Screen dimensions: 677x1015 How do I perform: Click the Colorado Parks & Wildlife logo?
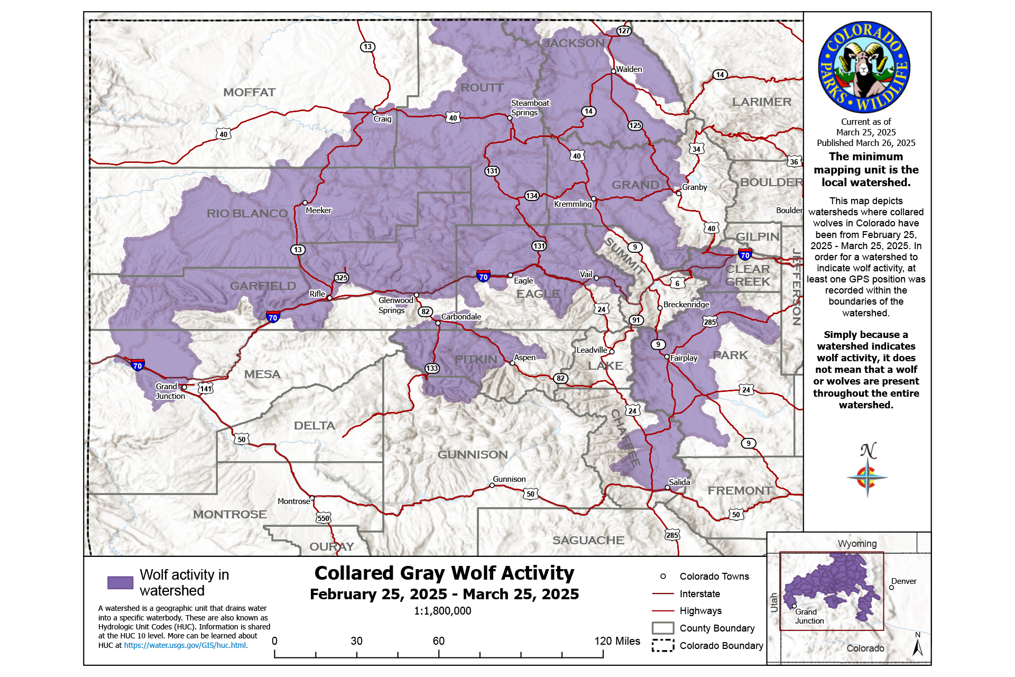pyautogui.click(x=864, y=67)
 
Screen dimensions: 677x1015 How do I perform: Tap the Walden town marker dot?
pyautogui.click(x=613, y=71)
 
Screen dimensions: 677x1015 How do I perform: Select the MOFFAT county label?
pyautogui.click(x=249, y=93)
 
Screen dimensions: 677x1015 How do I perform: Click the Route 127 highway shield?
pyautogui.click(x=624, y=31)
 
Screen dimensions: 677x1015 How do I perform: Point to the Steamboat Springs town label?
pyautogui.click(x=530, y=108)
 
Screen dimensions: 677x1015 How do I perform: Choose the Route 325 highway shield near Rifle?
pyautogui.click(x=341, y=278)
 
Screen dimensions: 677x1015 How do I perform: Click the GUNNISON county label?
pyautogui.click(x=472, y=455)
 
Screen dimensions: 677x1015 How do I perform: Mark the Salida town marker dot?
pyautogui.click(x=667, y=488)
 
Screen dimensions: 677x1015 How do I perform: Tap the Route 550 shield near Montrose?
pyautogui.click(x=324, y=518)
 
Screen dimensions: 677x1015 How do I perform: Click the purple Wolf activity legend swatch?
pyautogui.click(x=120, y=583)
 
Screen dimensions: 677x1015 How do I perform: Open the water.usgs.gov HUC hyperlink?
pyautogui.click(x=185, y=645)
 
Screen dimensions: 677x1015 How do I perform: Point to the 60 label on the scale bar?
pyautogui.click(x=438, y=641)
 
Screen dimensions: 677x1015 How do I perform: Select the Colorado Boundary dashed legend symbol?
pyautogui.click(x=662, y=645)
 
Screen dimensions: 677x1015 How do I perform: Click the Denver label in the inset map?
pyautogui.click(x=903, y=581)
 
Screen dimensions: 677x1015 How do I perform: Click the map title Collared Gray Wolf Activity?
pyautogui.click(x=444, y=573)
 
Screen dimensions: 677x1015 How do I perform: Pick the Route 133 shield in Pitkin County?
pyautogui.click(x=432, y=368)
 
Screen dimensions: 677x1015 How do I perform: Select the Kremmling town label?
pyautogui.click(x=573, y=204)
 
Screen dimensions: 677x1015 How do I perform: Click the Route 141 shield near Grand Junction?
pyautogui.click(x=205, y=389)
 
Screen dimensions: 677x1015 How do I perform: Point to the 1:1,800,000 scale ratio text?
pyautogui.click(x=442, y=611)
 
